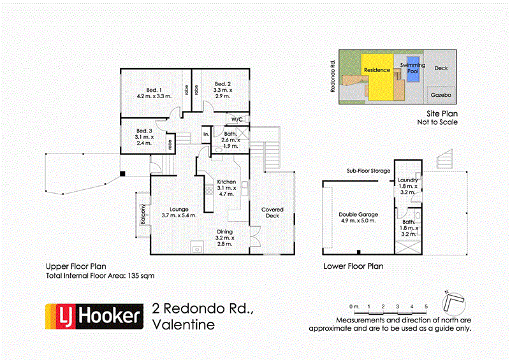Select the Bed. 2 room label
(x=222, y=84)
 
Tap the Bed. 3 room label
(x=145, y=131)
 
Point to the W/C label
(x=237, y=119)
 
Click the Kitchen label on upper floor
(x=227, y=182)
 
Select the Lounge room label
(x=179, y=208)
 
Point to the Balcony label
(x=144, y=213)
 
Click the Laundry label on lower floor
(x=407, y=180)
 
